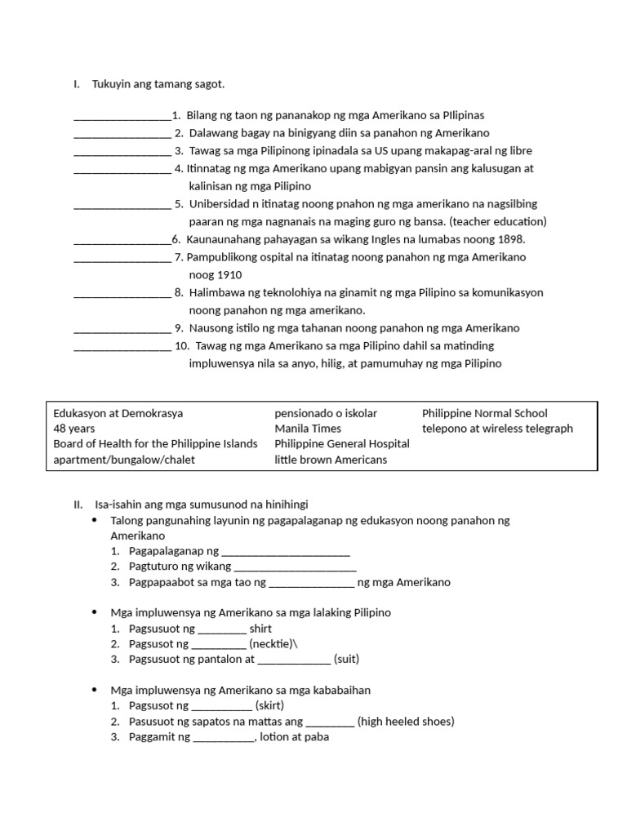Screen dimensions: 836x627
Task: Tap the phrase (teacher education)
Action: [x=497, y=221]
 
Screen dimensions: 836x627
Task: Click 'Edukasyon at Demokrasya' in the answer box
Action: [x=118, y=413]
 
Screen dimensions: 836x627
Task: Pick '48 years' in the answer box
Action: [x=74, y=429]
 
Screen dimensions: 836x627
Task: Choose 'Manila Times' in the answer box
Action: [x=308, y=429]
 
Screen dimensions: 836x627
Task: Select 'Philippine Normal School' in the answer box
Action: [x=484, y=413]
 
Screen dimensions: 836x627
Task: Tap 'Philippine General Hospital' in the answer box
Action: [x=342, y=444]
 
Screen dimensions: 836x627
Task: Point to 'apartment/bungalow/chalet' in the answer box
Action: [x=124, y=460]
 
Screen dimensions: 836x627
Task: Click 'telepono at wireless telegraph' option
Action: [x=497, y=429]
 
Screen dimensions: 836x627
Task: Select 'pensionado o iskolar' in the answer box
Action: [x=326, y=413]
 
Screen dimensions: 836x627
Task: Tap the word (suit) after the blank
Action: [x=347, y=659]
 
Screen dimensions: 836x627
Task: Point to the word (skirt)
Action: [x=269, y=705]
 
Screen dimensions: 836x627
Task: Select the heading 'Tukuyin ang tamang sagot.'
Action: [x=158, y=84]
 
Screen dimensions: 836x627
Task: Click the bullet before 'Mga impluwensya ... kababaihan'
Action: [x=96, y=690]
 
